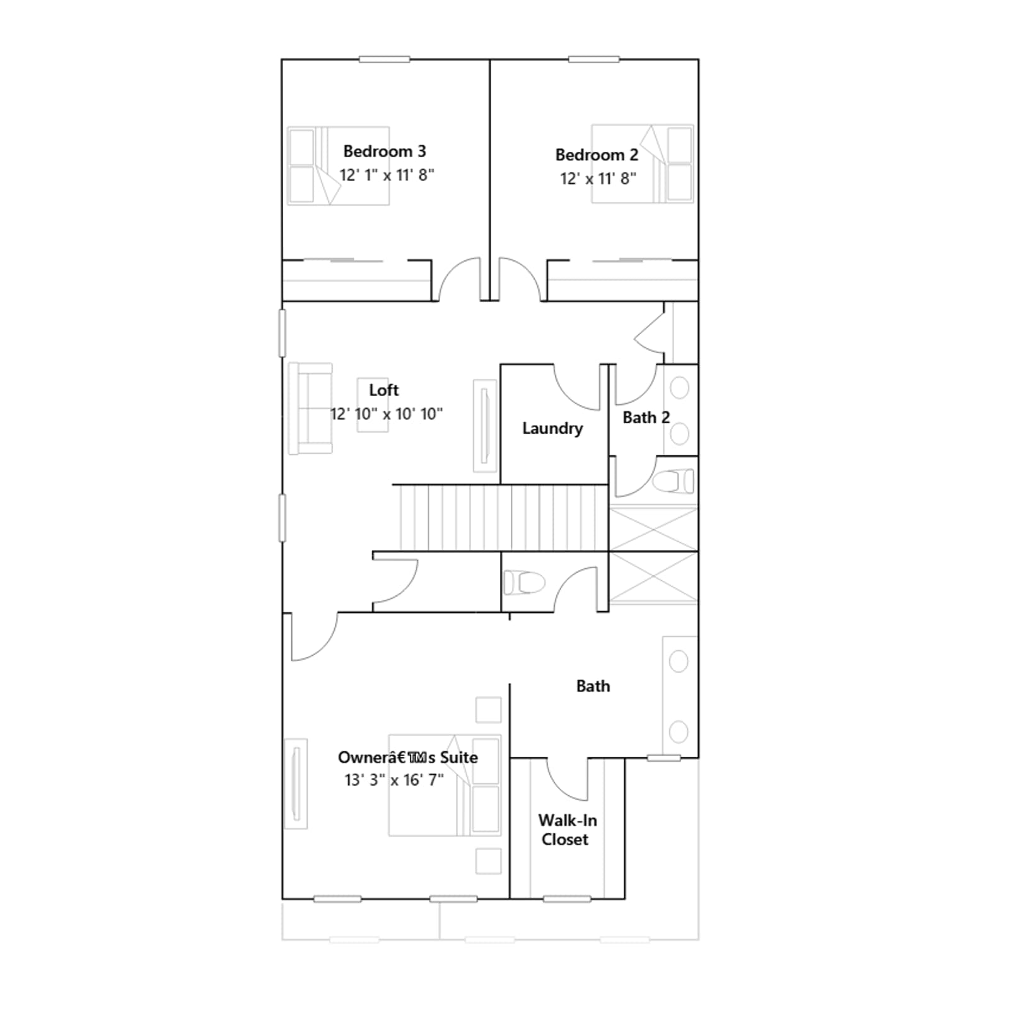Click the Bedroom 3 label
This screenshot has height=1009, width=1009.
click(385, 151)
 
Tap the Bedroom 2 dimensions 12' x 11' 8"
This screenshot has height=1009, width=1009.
click(598, 178)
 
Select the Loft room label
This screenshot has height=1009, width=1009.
click(384, 390)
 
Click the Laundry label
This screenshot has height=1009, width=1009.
click(552, 429)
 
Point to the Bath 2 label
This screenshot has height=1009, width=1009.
click(646, 417)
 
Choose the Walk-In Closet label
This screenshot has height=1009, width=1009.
click(567, 830)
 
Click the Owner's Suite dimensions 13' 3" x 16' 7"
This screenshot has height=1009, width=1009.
click(394, 780)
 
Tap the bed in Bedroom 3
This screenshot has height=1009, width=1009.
click(339, 166)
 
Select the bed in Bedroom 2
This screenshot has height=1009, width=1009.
click(643, 164)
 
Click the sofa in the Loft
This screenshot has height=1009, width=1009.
click(310, 408)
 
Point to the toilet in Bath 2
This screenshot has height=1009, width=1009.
click(674, 482)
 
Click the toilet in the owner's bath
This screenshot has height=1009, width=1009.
click(524, 583)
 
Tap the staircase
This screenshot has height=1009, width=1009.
click(501, 518)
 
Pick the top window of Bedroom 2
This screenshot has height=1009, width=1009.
click(593, 59)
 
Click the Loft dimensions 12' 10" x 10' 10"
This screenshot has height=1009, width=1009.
click(387, 414)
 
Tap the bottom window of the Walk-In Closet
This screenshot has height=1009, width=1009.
click(567, 899)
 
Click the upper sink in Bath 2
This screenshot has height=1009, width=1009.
click(679, 388)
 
